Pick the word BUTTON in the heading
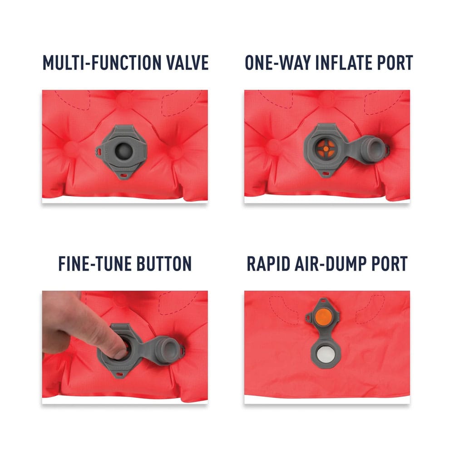coord(164,263)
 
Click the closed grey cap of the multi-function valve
coord(124,151)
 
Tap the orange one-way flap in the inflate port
coord(326,149)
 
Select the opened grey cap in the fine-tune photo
coord(169,350)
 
